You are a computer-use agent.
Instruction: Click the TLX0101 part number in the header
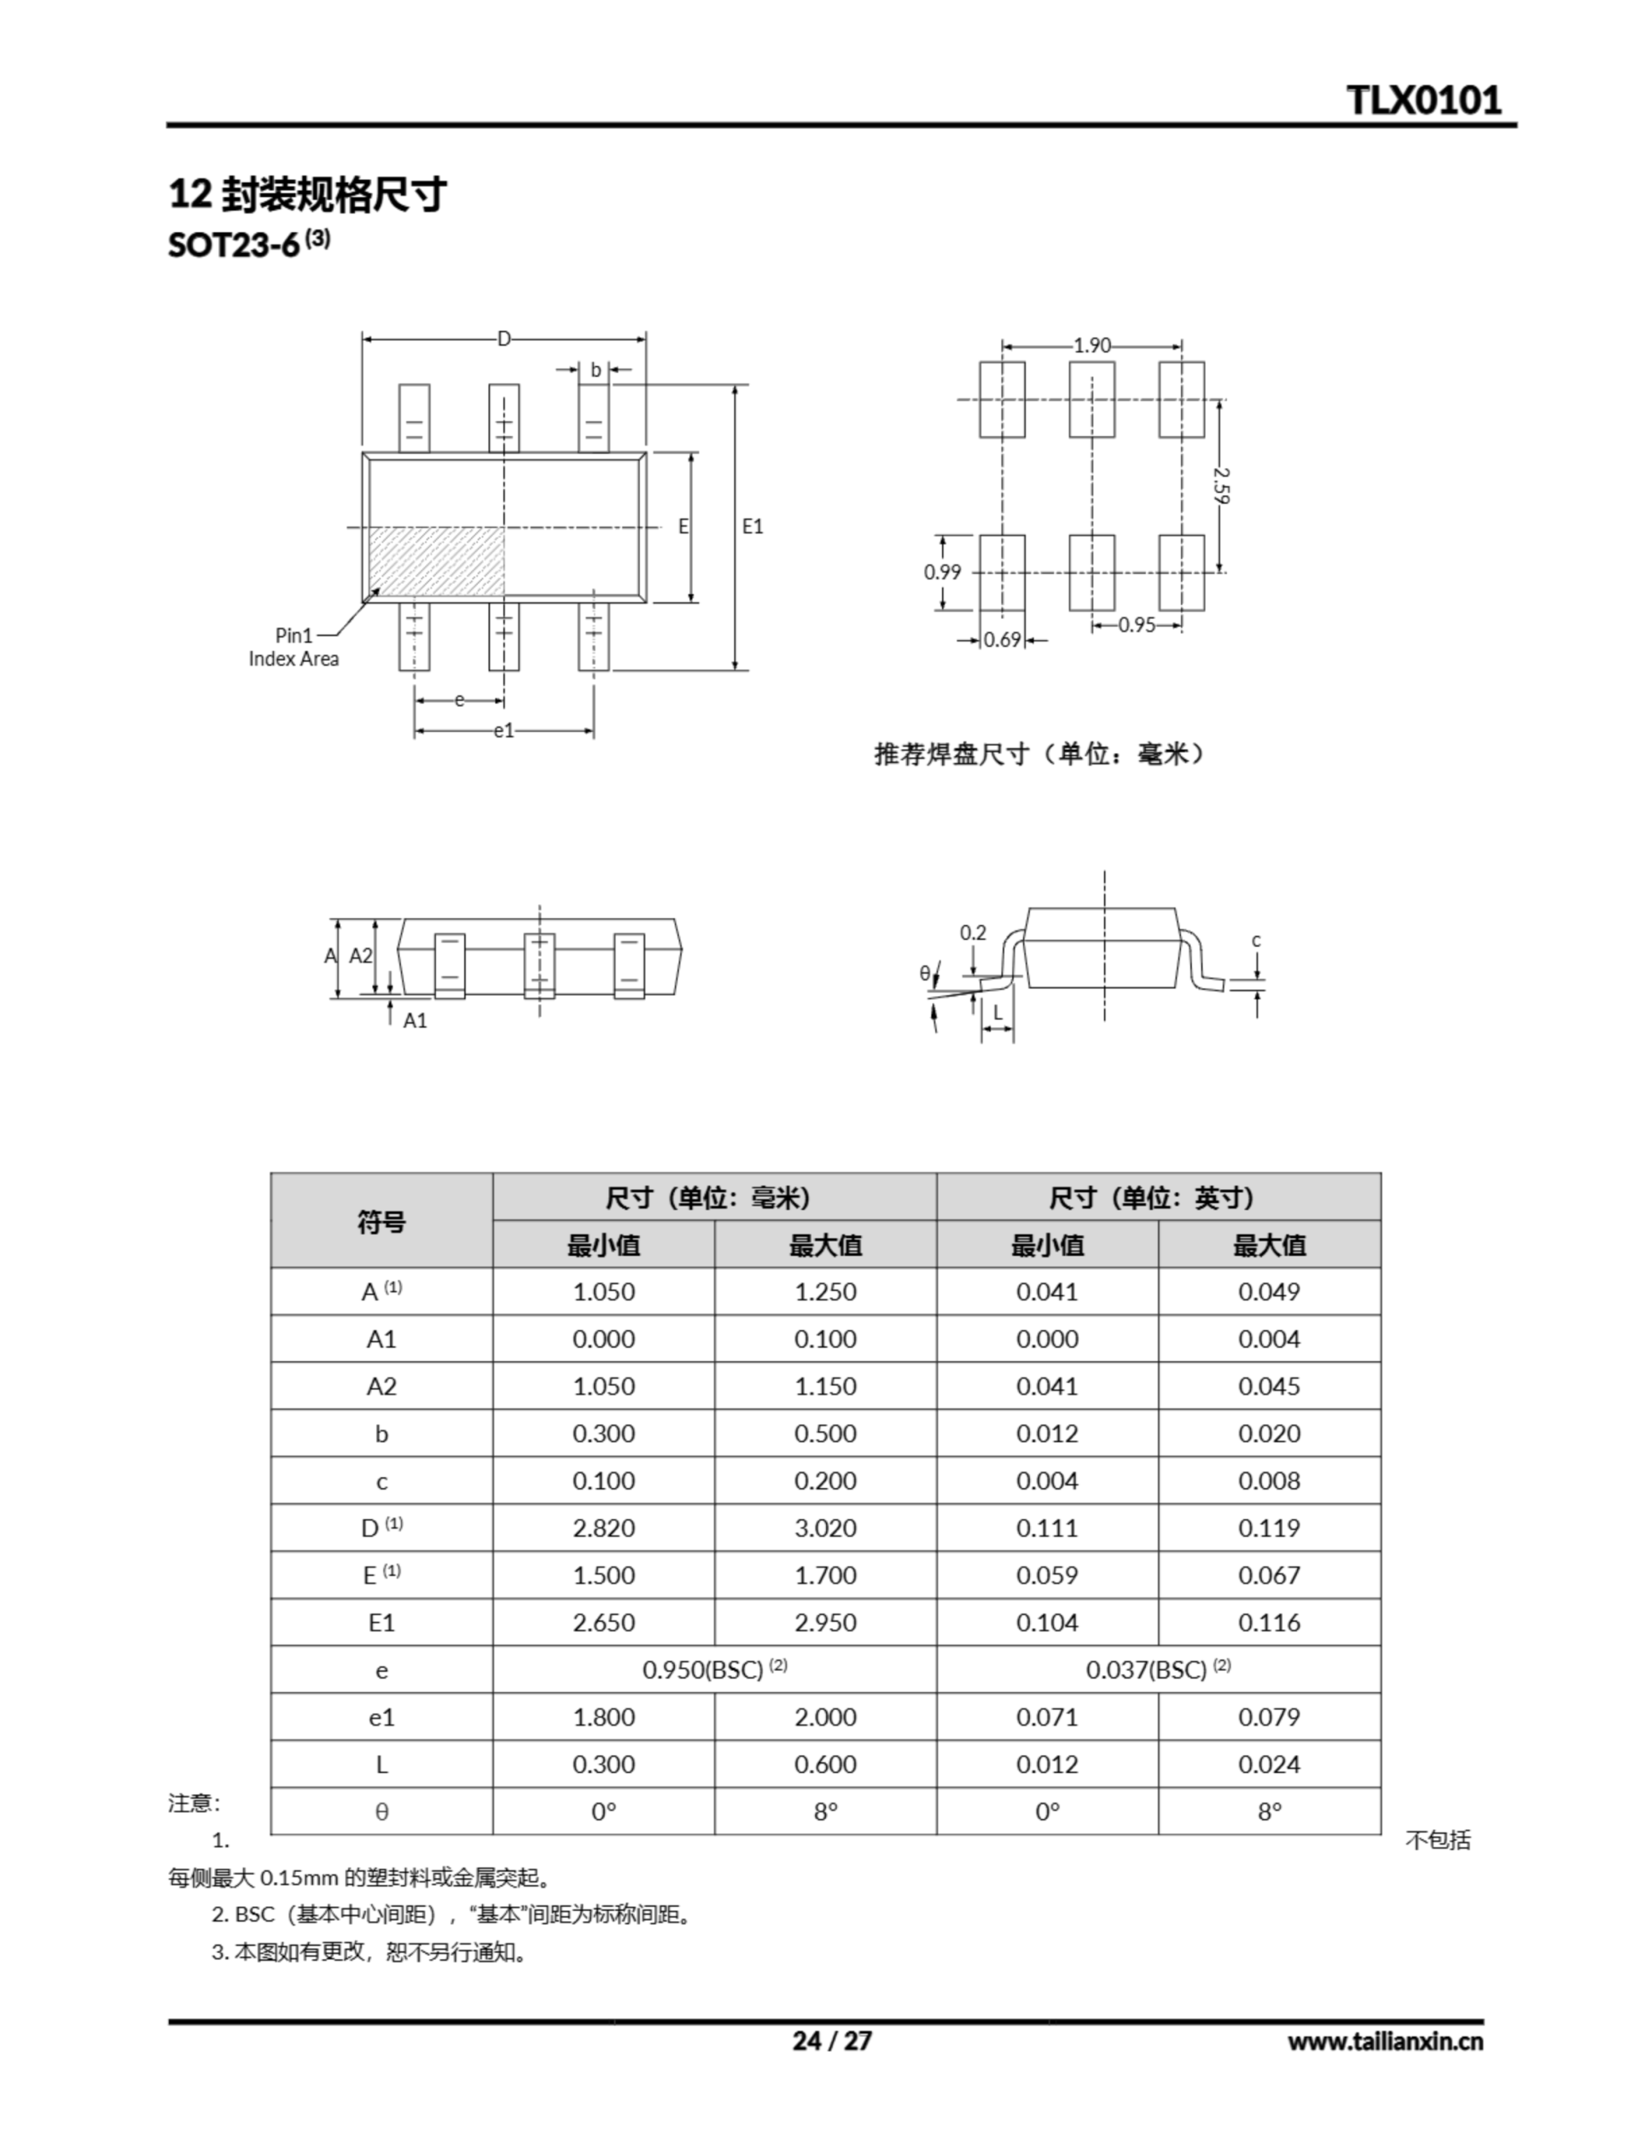[x=1423, y=100]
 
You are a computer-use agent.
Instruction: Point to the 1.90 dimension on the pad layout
[x=1091, y=345]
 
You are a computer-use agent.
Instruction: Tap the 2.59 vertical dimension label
[x=1220, y=485]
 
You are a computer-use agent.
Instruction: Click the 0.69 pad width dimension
[x=1001, y=639]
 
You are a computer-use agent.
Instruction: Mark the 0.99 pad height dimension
[x=942, y=572]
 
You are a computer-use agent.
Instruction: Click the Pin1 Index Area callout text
[x=293, y=648]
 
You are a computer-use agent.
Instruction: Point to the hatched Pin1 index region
[x=437, y=561]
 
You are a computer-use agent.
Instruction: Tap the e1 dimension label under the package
[x=504, y=730]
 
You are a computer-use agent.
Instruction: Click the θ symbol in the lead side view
[x=925, y=973]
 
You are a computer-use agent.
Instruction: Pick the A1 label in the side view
[x=415, y=1020]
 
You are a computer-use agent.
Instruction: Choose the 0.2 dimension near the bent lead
[x=972, y=932]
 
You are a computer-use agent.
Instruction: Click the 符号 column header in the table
[x=381, y=1222]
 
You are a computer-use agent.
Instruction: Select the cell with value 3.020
[x=824, y=1528]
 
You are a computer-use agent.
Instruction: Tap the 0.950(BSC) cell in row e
[x=714, y=1670]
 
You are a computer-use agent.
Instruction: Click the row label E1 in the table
[x=381, y=1623]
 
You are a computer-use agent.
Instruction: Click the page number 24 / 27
[x=831, y=2040]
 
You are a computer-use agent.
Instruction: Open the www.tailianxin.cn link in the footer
[x=1385, y=2041]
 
